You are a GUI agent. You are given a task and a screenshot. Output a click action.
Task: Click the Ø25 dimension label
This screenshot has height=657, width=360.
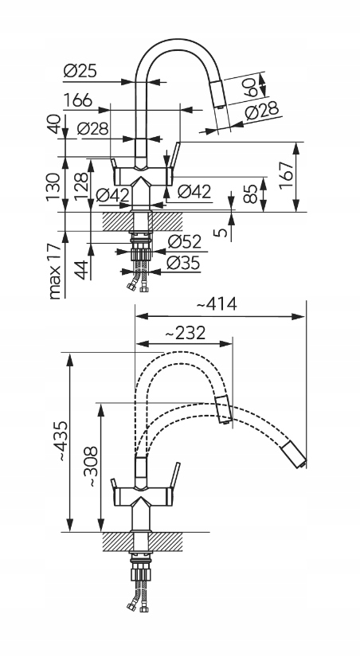pyautogui.click(x=80, y=72)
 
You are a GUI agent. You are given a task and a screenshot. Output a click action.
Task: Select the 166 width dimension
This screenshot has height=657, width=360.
pyautogui.click(x=77, y=101)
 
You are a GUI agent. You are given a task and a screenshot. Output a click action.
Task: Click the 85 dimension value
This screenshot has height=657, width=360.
pyautogui.click(x=250, y=194)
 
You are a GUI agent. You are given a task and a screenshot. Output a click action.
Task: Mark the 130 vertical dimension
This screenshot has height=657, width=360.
pyautogui.click(x=53, y=186)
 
